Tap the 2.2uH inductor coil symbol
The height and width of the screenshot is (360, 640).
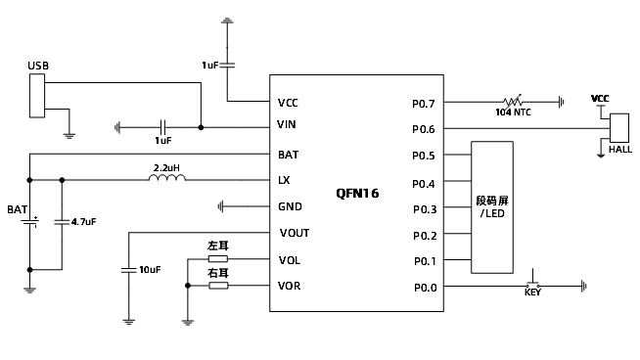[167, 177]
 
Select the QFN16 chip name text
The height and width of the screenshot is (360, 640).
[357, 193]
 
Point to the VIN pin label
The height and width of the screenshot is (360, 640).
[286, 124]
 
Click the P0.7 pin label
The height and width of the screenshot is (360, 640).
[424, 104]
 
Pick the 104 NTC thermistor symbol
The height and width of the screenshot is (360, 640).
[513, 101]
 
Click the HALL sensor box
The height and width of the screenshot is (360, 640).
[619, 128]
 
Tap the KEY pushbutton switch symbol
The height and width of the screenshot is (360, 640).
[532, 281]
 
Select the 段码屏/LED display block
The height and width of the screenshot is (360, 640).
[492, 207]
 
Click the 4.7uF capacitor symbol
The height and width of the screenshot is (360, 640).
[62, 222]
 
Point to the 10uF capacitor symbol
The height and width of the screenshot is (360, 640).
[128, 270]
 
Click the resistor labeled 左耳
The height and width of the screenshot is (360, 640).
[218, 259]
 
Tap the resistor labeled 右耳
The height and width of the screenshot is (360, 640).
[218, 286]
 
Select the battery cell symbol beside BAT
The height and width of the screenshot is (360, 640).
[29, 222]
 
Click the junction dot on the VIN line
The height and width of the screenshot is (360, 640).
[201, 127]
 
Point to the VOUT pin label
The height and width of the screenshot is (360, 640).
[295, 233]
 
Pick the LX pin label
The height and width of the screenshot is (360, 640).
[284, 180]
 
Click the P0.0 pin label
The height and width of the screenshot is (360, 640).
[426, 288]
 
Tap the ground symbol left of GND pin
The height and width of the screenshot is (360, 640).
[221, 206]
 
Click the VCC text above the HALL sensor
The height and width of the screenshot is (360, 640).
[600, 99]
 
